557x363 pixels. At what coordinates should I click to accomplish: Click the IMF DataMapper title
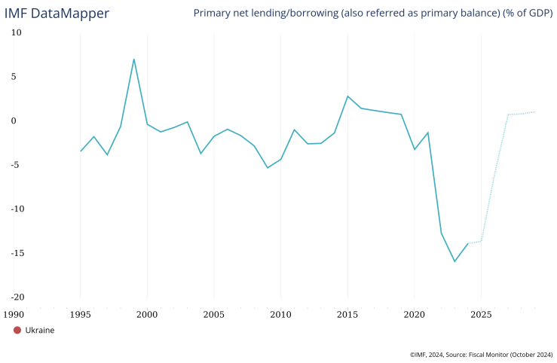(x=57, y=14)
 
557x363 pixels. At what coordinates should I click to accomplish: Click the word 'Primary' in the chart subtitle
(x=215, y=14)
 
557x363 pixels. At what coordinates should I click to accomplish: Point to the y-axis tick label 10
(x=17, y=32)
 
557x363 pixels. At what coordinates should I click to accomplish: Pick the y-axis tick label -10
(x=15, y=209)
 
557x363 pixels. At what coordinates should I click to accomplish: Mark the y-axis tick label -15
(x=15, y=252)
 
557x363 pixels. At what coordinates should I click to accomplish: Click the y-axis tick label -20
(x=15, y=297)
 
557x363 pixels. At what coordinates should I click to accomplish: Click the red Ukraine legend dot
(x=17, y=330)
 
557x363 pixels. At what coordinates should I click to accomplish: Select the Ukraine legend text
(x=40, y=330)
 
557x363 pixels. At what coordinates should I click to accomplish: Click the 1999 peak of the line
(x=134, y=59)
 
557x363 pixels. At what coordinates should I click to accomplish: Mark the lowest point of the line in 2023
(x=454, y=261)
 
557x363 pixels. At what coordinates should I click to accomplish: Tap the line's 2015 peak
(x=347, y=96)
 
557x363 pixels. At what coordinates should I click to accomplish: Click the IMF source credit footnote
(x=481, y=354)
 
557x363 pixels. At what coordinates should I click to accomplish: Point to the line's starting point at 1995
(x=81, y=151)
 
